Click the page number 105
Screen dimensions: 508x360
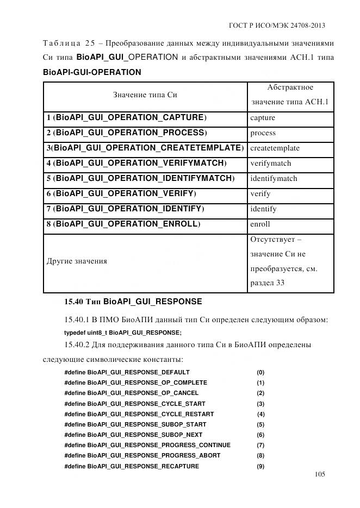[320, 474]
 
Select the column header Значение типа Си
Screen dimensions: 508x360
[145, 95]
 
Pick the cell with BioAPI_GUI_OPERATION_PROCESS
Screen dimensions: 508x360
[127, 133]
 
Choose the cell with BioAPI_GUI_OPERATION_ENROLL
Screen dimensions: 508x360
[123, 224]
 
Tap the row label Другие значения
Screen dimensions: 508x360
[77, 261]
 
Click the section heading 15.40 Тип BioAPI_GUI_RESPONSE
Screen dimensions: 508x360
[133, 302]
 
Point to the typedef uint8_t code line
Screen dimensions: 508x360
[123, 333]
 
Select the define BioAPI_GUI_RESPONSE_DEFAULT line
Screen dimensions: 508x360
[127, 372]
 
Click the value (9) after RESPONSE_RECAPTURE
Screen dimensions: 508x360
[260, 466]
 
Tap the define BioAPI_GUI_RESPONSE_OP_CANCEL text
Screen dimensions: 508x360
[131, 393]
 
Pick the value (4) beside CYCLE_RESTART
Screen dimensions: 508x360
[260, 414]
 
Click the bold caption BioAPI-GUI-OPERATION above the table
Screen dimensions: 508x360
[92, 72]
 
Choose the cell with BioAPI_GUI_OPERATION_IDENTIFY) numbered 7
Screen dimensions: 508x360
[125, 209]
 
